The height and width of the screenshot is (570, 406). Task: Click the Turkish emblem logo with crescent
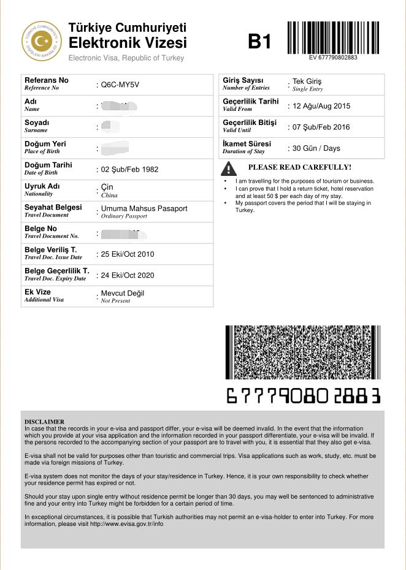pyautogui.click(x=42, y=42)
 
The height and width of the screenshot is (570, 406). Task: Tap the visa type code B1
pyautogui.click(x=259, y=42)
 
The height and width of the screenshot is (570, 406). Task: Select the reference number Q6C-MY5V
pyautogui.click(x=120, y=85)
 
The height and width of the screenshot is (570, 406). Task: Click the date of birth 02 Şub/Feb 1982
pyautogui.click(x=130, y=169)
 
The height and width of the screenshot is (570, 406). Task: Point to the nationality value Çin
pyautogui.click(x=107, y=186)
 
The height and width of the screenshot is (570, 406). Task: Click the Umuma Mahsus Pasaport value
pyautogui.click(x=144, y=208)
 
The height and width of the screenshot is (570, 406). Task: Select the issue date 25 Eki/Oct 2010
pyautogui.click(x=128, y=254)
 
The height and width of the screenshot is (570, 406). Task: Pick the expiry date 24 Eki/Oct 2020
pyautogui.click(x=128, y=275)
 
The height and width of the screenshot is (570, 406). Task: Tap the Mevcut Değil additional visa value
pyautogui.click(x=123, y=293)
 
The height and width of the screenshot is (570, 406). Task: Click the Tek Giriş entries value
pyautogui.click(x=307, y=82)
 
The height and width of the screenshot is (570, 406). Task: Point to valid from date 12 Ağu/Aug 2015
pyautogui.click(x=321, y=106)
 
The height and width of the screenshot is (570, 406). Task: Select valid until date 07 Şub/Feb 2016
pyautogui.click(x=322, y=127)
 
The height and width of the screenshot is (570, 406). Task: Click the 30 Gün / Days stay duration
pyautogui.click(x=325, y=148)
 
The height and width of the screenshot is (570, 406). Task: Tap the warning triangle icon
pyautogui.click(x=229, y=168)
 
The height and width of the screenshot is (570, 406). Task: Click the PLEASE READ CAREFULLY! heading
pyautogui.click(x=299, y=167)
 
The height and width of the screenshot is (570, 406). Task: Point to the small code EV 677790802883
pyautogui.click(x=334, y=58)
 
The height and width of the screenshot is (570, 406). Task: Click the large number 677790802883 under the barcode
pyautogui.click(x=304, y=395)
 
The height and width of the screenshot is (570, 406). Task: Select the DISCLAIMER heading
pyautogui.click(x=44, y=422)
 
